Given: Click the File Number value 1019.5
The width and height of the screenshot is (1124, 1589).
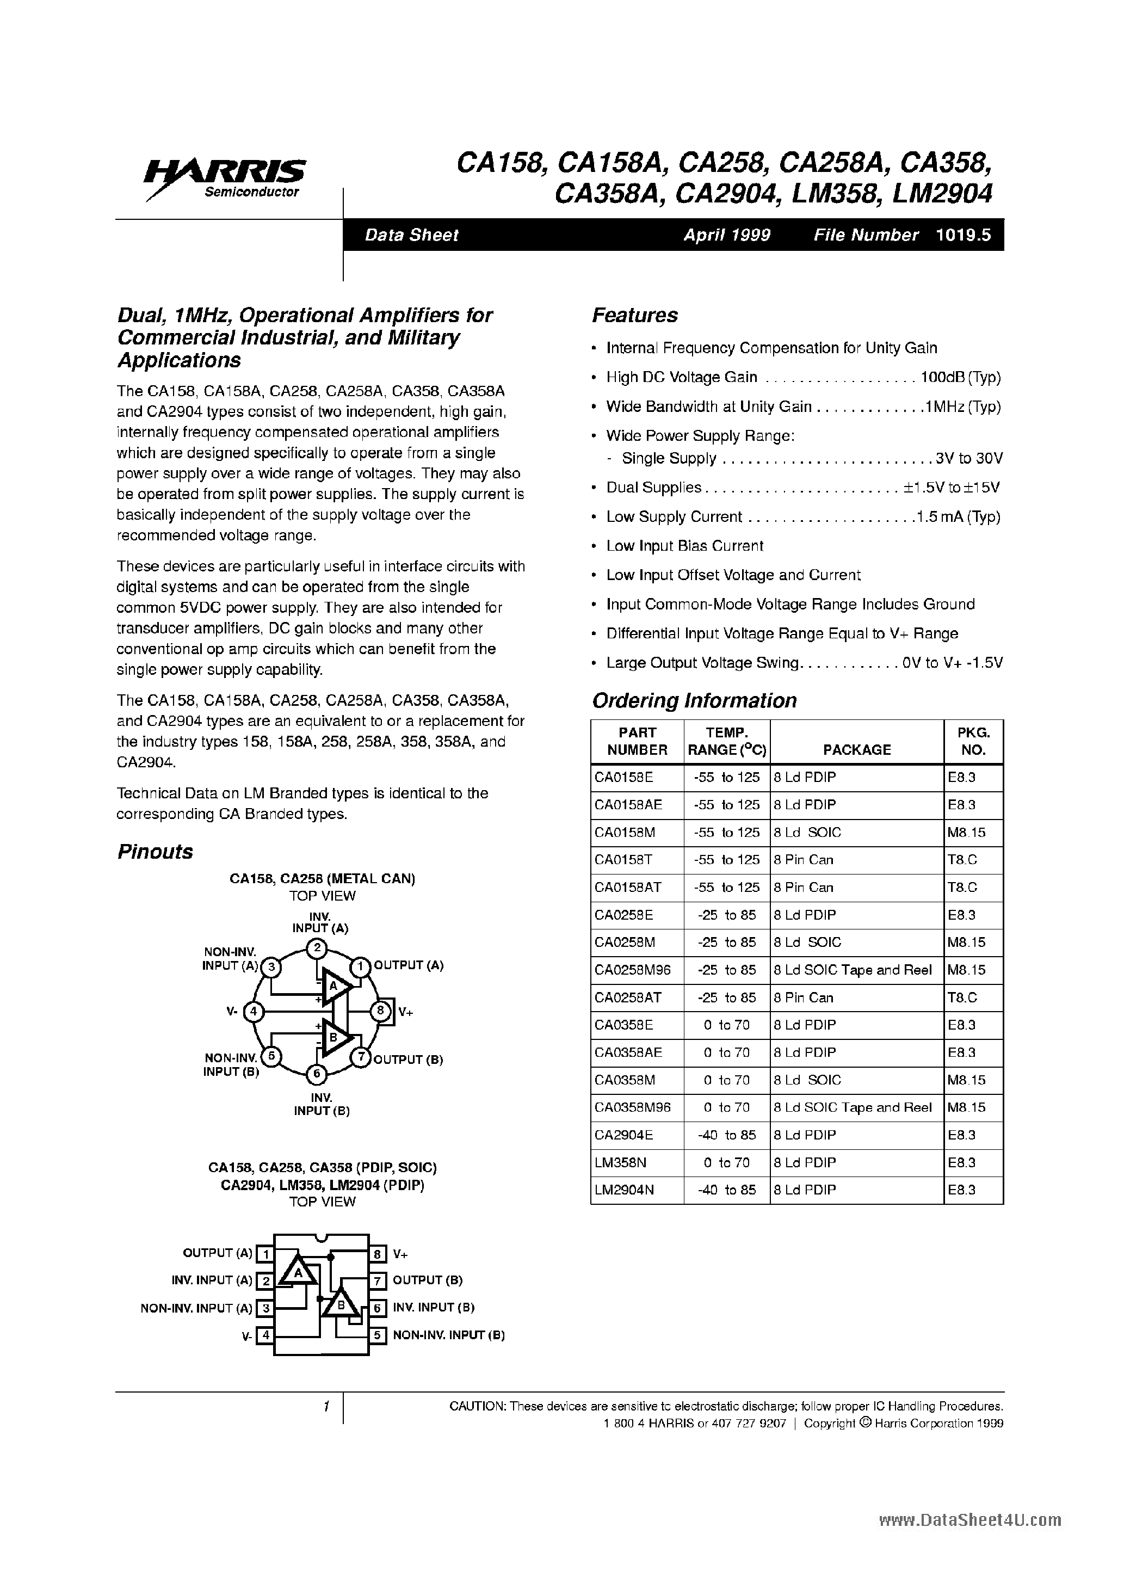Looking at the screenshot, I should coord(963,235).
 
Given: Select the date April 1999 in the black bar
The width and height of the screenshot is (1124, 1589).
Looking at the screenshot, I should coord(727,235).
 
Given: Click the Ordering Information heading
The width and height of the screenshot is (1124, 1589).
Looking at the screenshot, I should coord(694,701).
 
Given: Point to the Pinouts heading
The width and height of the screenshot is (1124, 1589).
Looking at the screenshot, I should coord(155,852).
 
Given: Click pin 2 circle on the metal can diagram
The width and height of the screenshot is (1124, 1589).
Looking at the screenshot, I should coord(316,947).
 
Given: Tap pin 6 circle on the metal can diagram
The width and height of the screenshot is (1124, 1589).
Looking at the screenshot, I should coord(316,1074).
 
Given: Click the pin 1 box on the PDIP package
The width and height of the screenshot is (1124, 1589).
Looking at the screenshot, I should coord(265,1253).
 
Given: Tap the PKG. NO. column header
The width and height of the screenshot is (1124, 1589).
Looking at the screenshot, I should coord(973,741).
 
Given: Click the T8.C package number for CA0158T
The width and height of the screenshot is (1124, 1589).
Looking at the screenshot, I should coord(962,860).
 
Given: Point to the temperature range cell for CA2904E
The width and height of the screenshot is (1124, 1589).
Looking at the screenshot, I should coord(726,1135).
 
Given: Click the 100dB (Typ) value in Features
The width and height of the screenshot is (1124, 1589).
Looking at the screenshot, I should coord(960,378).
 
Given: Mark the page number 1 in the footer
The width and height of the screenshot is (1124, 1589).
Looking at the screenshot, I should coord(325,1406).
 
